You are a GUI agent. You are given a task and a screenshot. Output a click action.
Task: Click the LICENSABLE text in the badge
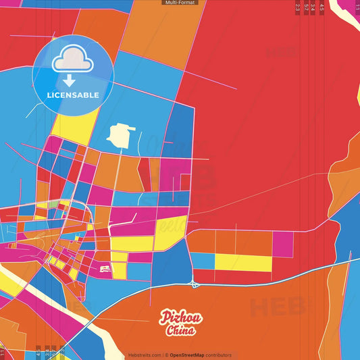tap(73, 95)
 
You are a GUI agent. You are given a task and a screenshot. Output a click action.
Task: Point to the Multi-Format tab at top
tap(180, 3)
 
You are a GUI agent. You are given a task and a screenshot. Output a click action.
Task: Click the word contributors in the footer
tap(219, 355)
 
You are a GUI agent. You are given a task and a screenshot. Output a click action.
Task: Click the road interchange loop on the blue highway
tap(194, 282)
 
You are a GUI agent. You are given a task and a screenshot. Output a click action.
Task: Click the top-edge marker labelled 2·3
tap(298, 8)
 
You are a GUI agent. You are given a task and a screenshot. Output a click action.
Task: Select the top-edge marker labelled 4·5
tap(322, 8)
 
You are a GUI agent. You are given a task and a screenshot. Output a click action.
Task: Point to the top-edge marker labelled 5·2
tap(306, 8)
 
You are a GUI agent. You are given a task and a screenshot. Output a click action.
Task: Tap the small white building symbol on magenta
tap(105, 269)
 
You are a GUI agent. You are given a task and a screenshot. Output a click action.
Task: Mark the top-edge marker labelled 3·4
tap(313, 8)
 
